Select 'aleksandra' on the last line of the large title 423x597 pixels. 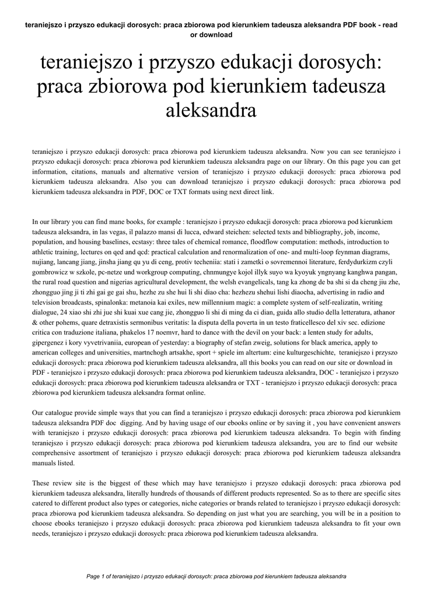pos(212,109)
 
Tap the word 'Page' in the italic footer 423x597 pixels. pos(95,576)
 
